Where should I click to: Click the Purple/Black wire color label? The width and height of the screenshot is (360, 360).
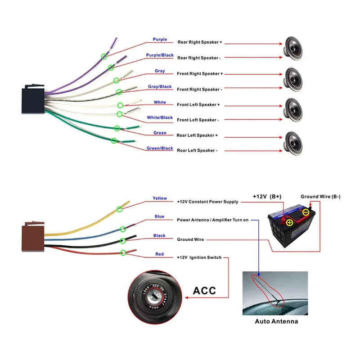pos(160,55)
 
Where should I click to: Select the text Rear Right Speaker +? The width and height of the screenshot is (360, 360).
pos(200,42)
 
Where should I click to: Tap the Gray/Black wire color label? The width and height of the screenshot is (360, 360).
pos(160,86)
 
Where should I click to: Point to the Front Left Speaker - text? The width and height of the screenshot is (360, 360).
pos(198,120)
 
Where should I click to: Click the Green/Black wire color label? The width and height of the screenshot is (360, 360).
pos(160,148)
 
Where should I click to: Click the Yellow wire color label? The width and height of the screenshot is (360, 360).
pos(160,198)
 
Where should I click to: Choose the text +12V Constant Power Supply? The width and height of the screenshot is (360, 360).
pos(207,202)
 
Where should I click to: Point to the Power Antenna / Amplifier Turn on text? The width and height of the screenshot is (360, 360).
pos(212,220)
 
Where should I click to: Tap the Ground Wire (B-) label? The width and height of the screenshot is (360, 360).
pos(320,196)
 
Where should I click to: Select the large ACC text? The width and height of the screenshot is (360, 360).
pos(204,290)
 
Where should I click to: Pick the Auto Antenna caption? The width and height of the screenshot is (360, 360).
pos(276,321)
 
